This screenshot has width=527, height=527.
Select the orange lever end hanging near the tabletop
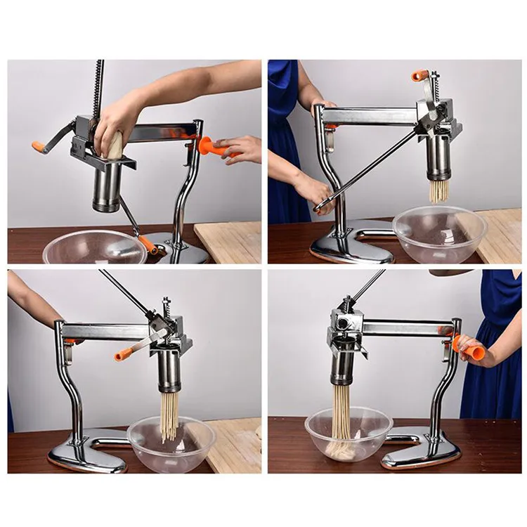click(148, 245)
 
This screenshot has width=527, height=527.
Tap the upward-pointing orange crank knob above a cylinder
click(420, 74)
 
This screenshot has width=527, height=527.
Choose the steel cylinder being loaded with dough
click(107, 186)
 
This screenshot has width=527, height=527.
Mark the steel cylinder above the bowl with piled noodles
click(343, 369)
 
